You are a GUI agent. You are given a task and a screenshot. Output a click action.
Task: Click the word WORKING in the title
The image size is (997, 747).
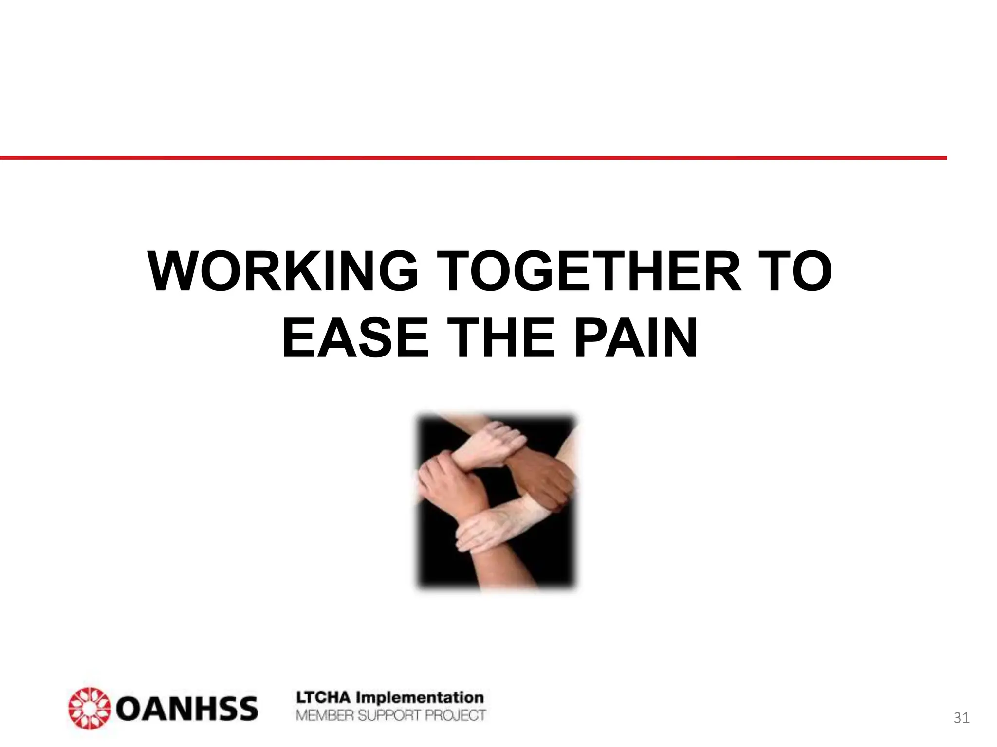pyautogui.click(x=282, y=271)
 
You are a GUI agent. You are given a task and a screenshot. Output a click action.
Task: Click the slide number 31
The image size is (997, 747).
pyautogui.click(x=961, y=718)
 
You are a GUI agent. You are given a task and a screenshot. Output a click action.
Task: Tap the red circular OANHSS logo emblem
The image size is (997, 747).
pyautogui.click(x=88, y=708)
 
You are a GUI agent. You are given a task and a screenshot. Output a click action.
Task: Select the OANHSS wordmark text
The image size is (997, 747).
pyautogui.click(x=188, y=709)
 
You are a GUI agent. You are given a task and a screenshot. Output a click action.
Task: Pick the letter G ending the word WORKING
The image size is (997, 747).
pyautogui.click(x=395, y=271)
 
